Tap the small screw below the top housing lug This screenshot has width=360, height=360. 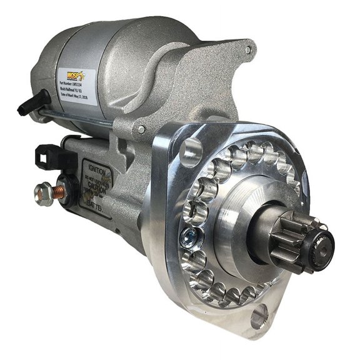click(142, 129)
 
